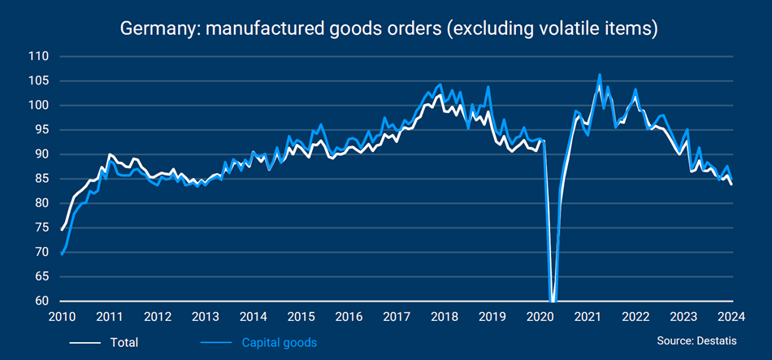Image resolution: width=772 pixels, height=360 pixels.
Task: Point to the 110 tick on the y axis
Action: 38,57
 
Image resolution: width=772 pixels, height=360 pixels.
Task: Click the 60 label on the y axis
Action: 41,301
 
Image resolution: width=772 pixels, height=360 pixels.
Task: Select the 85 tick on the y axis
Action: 41,179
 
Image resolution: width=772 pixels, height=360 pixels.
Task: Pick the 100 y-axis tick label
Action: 38,106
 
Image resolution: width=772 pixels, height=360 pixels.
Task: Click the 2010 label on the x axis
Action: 62,317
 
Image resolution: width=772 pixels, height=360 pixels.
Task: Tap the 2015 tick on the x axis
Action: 301,317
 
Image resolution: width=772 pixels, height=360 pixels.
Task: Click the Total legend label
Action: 124,342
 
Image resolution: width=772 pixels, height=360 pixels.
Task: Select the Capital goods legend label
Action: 280,342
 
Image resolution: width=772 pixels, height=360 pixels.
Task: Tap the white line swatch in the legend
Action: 84,342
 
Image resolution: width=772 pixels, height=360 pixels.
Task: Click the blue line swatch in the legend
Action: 216,342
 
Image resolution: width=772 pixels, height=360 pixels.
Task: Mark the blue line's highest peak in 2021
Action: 600,75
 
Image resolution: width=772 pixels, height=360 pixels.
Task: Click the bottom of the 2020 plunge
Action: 553,300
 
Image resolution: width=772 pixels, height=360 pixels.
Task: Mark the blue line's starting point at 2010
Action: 62,254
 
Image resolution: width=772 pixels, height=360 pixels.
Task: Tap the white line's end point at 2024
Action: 732,184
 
